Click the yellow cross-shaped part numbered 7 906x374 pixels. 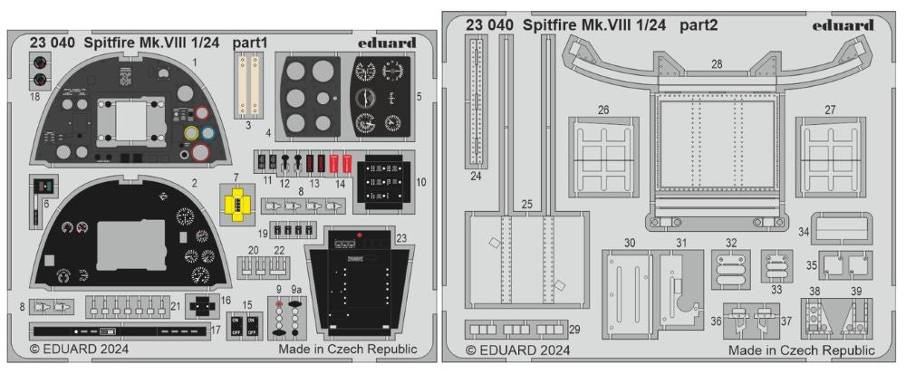tap(236, 205)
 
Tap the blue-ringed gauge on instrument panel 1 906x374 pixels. tap(207, 134)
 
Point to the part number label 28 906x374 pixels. tap(716, 65)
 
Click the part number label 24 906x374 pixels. tap(476, 176)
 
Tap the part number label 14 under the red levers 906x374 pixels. tap(340, 183)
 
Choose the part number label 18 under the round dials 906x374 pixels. tap(35, 94)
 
